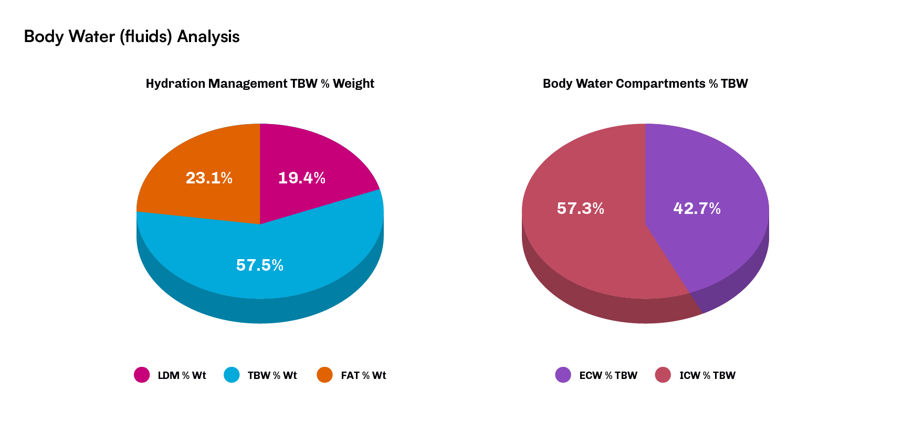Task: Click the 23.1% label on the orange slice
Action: pyautogui.click(x=209, y=178)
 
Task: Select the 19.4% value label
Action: pyautogui.click(x=301, y=178)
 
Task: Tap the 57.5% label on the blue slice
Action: pyautogui.click(x=259, y=265)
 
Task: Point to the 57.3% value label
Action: pyautogui.click(x=580, y=209)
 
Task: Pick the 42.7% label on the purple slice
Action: pyautogui.click(x=697, y=209)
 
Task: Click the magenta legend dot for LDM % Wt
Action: pyautogui.click(x=142, y=375)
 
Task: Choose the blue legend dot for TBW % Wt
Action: pyautogui.click(x=232, y=375)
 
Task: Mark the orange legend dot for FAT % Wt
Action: pyautogui.click(x=325, y=375)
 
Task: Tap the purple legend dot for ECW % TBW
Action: pyautogui.click(x=563, y=375)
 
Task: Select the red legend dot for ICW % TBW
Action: pyautogui.click(x=663, y=375)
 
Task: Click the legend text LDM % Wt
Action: pyautogui.click(x=182, y=375)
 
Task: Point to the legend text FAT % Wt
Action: pyautogui.click(x=363, y=375)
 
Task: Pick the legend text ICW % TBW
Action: pyautogui.click(x=707, y=375)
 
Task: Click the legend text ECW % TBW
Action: pyautogui.click(x=608, y=375)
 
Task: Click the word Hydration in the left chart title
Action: pyautogui.click(x=175, y=84)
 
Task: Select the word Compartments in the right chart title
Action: pyautogui.click(x=660, y=84)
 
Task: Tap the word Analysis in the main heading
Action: pyautogui.click(x=208, y=37)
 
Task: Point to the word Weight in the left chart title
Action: pyautogui.click(x=353, y=84)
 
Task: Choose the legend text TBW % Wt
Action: pyautogui.click(x=272, y=375)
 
